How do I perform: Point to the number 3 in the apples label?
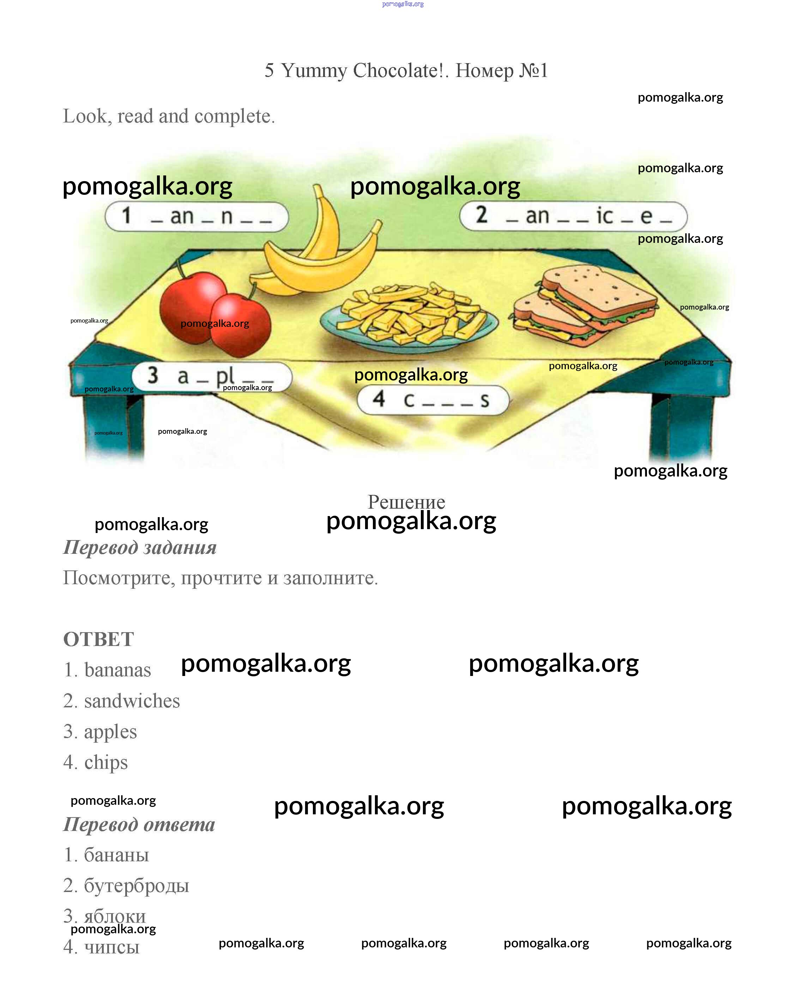click(x=152, y=375)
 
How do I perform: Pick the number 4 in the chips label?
click(x=379, y=399)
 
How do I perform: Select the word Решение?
click(x=406, y=502)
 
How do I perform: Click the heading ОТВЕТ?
click(x=98, y=639)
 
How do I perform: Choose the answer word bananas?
click(x=117, y=670)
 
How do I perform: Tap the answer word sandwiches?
click(x=132, y=701)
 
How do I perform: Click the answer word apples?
click(x=110, y=732)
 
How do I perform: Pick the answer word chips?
click(x=106, y=763)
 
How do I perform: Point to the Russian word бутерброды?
click(x=137, y=886)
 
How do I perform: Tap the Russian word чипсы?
click(x=112, y=947)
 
